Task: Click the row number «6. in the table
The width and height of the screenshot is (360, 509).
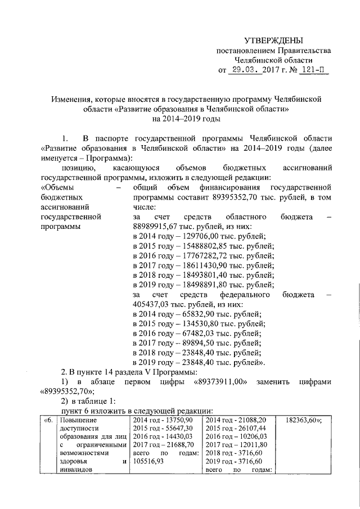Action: point(49,420)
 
